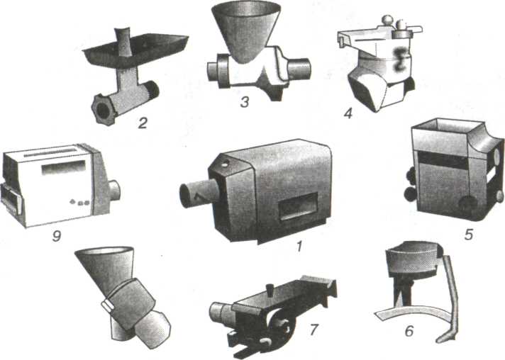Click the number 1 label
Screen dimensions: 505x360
pos(299,246)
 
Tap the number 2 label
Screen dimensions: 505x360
pos(143,123)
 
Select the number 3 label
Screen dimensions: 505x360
pos(245,102)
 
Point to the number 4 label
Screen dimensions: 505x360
pos(348,113)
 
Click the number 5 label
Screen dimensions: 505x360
pos(469,235)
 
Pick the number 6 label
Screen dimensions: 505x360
pos(409,331)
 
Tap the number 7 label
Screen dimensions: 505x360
pos(314,330)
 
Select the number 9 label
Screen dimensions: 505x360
pos(56,237)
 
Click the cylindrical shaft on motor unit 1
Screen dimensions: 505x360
pos(197,195)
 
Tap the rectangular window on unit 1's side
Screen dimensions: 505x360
pos(298,206)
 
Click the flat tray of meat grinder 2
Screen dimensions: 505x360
pos(135,48)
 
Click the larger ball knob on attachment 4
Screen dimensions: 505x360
pos(387,21)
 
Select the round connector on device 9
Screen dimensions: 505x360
pos(114,190)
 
